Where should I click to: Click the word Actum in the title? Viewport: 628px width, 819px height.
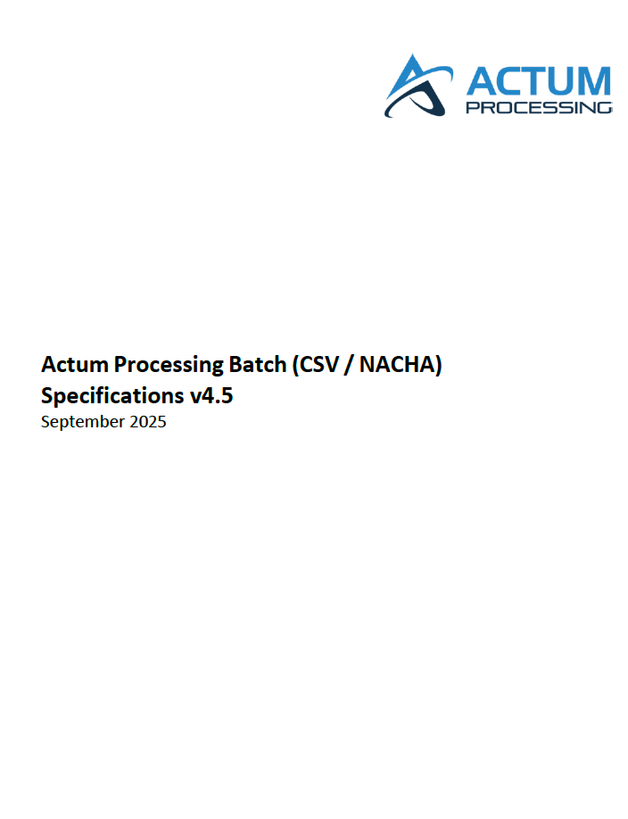[74, 364]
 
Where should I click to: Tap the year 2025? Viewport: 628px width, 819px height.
[148, 421]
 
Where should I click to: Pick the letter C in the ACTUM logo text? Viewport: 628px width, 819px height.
[513, 81]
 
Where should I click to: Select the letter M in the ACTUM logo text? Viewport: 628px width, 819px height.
[600, 81]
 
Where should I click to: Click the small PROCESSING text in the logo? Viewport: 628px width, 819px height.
[539, 108]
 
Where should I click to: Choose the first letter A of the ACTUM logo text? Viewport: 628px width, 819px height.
[482, 81]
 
